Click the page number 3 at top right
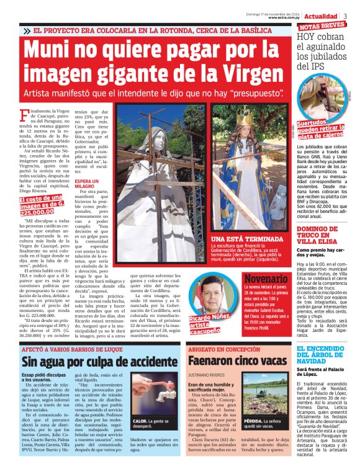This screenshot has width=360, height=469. (346, 16)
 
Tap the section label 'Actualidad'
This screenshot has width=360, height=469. (321, 16)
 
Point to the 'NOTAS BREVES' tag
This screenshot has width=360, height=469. (322, 26)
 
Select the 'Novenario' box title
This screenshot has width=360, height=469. (266, 279)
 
